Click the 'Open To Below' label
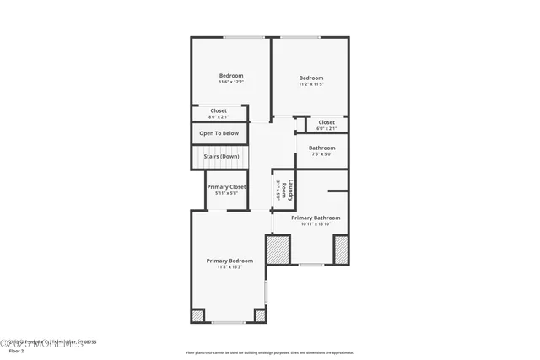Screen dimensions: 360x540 [219, 133]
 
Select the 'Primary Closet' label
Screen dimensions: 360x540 [226, 186]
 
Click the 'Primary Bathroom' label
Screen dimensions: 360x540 [316, 218]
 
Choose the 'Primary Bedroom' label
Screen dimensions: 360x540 [229, 261]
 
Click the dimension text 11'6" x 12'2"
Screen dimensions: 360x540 [231, 82]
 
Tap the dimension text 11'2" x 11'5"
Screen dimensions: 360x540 [311, 84]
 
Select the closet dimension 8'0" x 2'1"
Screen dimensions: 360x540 [219, 116]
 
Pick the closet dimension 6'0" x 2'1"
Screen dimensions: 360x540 [326, 128]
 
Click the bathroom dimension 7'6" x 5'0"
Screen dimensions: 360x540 [321, 153]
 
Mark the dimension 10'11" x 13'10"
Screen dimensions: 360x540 [316, 224]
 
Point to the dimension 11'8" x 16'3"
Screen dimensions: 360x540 [229, 267]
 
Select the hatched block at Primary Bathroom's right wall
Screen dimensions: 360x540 [341, 250]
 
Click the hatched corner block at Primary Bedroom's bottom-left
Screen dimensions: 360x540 [197, 315]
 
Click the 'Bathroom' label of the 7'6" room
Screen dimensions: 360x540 [321, 148]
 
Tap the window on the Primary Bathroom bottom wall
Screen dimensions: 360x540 [310, 265]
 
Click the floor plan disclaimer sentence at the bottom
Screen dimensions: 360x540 [269, 353]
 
